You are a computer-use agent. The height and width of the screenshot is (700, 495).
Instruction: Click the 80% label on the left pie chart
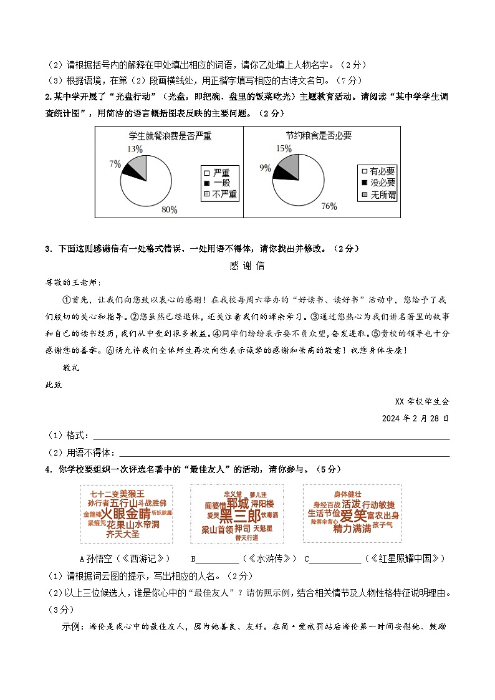click(169, 209)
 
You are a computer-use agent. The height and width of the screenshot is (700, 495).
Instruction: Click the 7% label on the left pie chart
click(115, 164)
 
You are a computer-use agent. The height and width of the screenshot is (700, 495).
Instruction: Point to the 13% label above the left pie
click(135, 150)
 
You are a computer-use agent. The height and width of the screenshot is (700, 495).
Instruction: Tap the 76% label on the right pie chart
click(329, 206)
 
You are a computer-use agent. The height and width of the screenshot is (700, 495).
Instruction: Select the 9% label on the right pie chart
click(265, 168)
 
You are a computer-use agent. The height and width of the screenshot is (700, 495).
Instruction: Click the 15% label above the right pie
click(284, 148)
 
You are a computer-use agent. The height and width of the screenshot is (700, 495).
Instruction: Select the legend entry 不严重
click(224, 194)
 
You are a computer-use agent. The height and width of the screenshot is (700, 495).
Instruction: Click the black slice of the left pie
click(129, 168)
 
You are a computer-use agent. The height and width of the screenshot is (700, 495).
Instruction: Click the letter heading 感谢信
click(247, 266)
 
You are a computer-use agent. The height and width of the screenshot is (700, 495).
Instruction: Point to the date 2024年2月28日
click(415, 418)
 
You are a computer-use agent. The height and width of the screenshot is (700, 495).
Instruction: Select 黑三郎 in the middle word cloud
click(240, 517)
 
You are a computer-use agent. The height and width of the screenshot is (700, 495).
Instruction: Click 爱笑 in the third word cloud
click(353, 515)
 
